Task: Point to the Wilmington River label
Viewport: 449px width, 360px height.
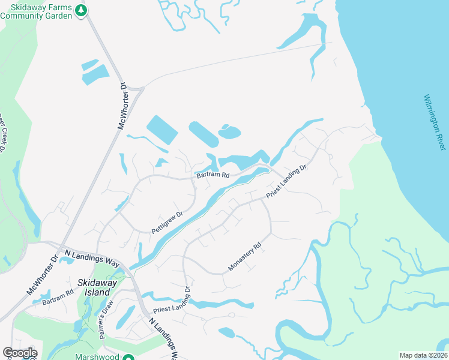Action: coord(436,122)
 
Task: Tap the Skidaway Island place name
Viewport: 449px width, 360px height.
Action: coord(94,287)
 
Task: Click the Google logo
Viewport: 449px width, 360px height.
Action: coord(20,353)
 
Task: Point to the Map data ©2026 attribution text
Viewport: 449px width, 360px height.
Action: coord(423,355)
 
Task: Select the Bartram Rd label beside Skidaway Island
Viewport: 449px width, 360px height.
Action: coord(58,296)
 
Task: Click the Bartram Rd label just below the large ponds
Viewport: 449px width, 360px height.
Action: coord(212,175)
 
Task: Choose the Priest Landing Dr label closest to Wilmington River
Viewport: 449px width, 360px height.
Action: coord(287,182)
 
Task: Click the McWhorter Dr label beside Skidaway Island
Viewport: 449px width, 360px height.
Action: coord(42,275)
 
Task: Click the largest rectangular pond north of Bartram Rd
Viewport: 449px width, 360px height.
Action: coord(162,129)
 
